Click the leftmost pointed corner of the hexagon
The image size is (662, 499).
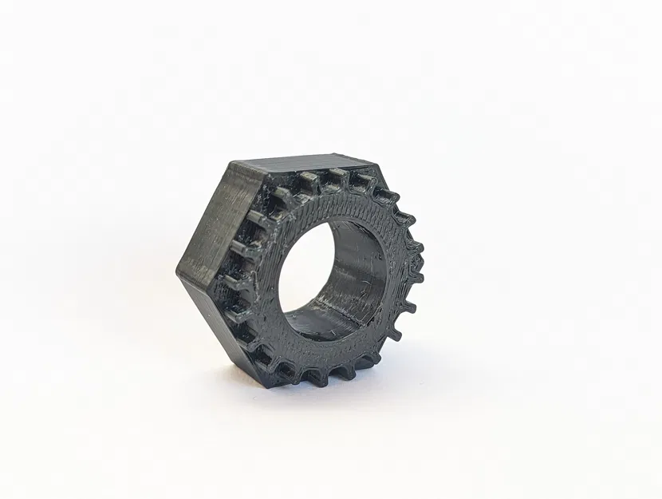click(179, 271)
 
